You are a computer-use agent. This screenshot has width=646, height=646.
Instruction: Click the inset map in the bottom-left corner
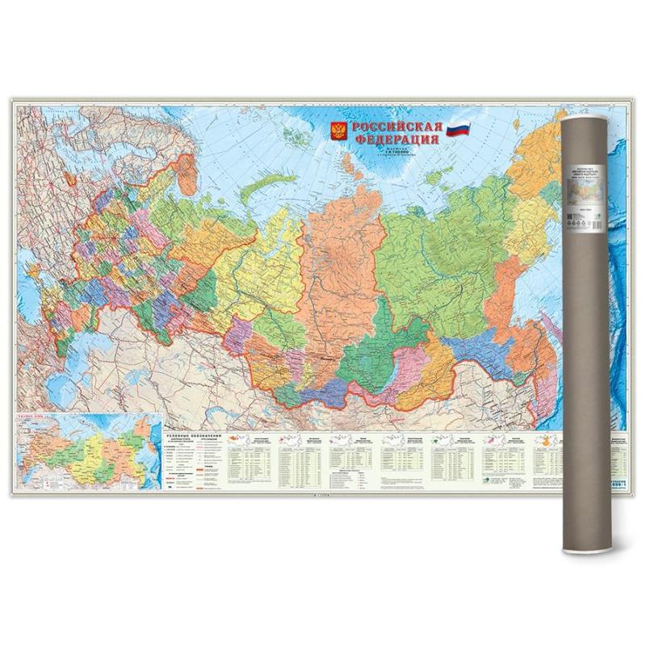coord(87,455)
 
